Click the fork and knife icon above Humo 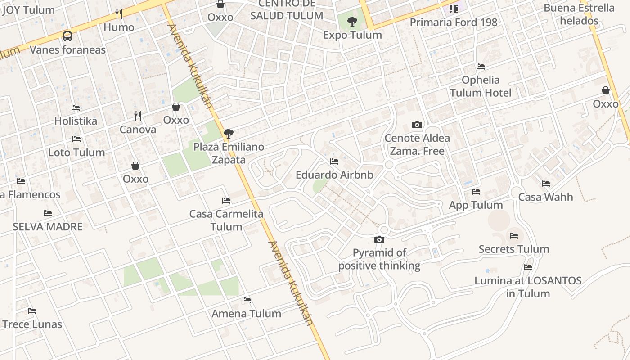(x=119, y=14)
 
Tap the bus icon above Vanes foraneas (x=67, y=36)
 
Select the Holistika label (x=76, y=121)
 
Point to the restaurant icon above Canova (x=138, y=116)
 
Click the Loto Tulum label (x=76, y=153)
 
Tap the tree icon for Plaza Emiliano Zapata (x=229, y=133)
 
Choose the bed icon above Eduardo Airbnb (x=334, y=161)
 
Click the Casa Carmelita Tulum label (x=226, y=220)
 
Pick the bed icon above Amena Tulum (x=247, y=300)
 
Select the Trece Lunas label (x=32, y=324)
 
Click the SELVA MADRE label (x=48, y=226)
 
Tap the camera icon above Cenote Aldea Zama (x=417, y=125)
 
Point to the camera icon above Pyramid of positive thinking (x=379, y=239)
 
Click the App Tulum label (x=476, y=205)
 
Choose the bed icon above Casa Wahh (x=546, y=184)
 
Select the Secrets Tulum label (x=514, y=249)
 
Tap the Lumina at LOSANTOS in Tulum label (x=528, y=287)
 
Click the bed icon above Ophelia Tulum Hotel (x=481, y=67)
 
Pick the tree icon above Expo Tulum (x=352, y=21)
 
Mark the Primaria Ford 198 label (x=454, y=22)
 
